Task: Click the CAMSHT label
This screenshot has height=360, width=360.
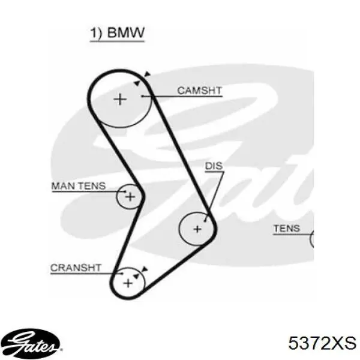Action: coord(200,91)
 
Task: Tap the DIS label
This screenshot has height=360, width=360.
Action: coord(214,166)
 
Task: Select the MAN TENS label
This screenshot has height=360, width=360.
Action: coord(79,186)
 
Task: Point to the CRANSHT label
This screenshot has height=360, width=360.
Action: coord(76,268)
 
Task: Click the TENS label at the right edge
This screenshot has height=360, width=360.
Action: coord(287,229)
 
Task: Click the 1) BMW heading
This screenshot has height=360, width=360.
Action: coord(117,33)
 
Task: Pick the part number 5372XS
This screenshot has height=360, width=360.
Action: coord(322,343)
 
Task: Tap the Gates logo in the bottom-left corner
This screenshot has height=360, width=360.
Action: coord(31,344)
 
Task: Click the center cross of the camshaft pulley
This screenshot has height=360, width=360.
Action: coord(120,100)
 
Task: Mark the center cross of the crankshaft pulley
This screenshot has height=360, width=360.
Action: coord(128,283)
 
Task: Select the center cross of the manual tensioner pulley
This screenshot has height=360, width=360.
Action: coord(130,197)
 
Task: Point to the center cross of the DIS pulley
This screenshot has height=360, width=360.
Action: coord(197,229)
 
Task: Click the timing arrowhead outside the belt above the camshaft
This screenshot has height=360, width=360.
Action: coord(147,74)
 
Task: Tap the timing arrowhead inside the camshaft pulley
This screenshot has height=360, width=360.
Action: coord(137,83)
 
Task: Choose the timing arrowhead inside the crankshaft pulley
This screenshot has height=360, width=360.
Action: coord(136,276)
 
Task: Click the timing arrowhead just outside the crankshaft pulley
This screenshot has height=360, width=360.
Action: coord(144,269)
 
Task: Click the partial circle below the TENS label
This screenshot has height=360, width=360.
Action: coord(311,239)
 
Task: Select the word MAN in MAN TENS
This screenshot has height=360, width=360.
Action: coord(62,186)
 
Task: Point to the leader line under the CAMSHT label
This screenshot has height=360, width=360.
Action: coord(182,96)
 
